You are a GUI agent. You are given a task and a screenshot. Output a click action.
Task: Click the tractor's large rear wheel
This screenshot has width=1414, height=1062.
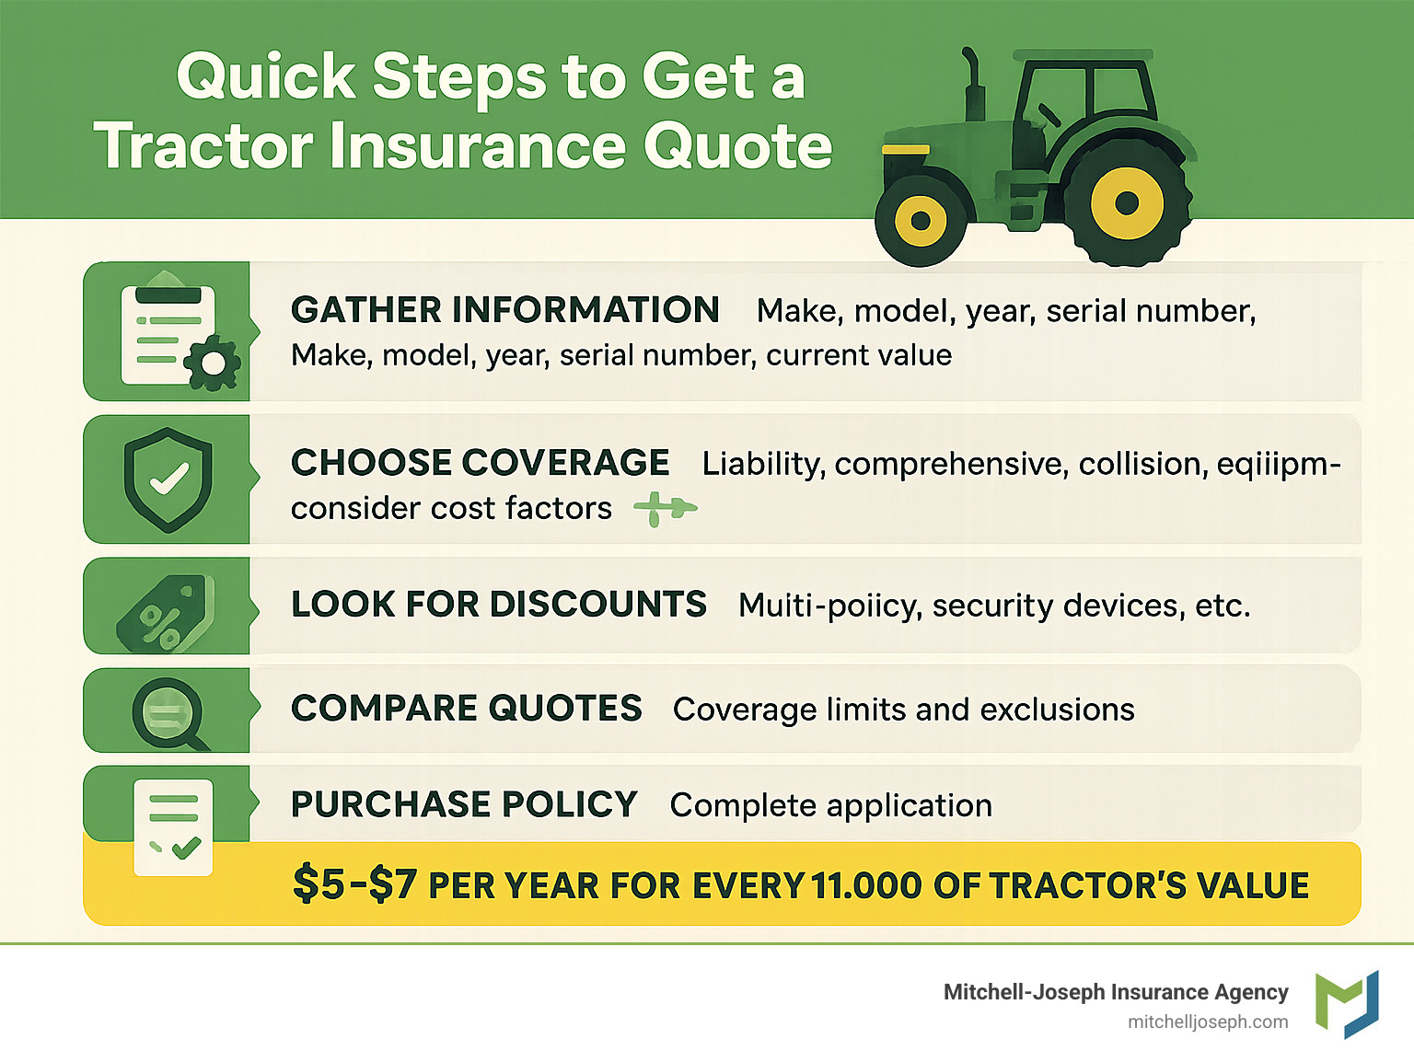(1127, 203)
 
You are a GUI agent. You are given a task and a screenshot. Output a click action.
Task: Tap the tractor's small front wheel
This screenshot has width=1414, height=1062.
(920, 221)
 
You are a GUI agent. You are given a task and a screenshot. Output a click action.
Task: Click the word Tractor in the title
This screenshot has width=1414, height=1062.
(203, 146)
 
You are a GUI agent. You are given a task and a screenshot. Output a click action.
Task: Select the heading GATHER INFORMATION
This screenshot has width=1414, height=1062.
(504, 310)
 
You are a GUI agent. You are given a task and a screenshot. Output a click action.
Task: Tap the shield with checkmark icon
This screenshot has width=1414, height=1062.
(168, 479)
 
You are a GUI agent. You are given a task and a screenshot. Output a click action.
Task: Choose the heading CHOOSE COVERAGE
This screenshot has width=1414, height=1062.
(480, 463)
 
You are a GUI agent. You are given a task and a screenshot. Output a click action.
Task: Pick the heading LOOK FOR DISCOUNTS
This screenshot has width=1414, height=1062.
(498, 605)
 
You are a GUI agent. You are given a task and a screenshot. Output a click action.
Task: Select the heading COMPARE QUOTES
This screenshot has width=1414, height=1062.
(466, 709)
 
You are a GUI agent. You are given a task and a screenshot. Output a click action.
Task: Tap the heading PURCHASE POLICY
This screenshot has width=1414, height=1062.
(464, 804)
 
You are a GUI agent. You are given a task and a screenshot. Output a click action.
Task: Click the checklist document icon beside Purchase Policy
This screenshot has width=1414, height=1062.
(173, 826)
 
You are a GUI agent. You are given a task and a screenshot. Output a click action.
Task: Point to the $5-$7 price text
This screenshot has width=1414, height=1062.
(354, 884)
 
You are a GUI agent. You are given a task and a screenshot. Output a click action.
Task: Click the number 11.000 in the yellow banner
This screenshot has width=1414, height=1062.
(866, 885)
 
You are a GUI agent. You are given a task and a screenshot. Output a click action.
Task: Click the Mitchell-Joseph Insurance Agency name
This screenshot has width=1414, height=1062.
(1115, 992)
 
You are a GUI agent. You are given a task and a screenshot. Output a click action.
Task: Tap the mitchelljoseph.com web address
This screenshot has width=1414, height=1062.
(1207, 1022)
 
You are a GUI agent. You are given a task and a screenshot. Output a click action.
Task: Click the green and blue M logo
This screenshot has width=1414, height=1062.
(1346, 1003)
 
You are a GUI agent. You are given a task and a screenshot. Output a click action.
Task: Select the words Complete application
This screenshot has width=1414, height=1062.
(830, 805)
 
